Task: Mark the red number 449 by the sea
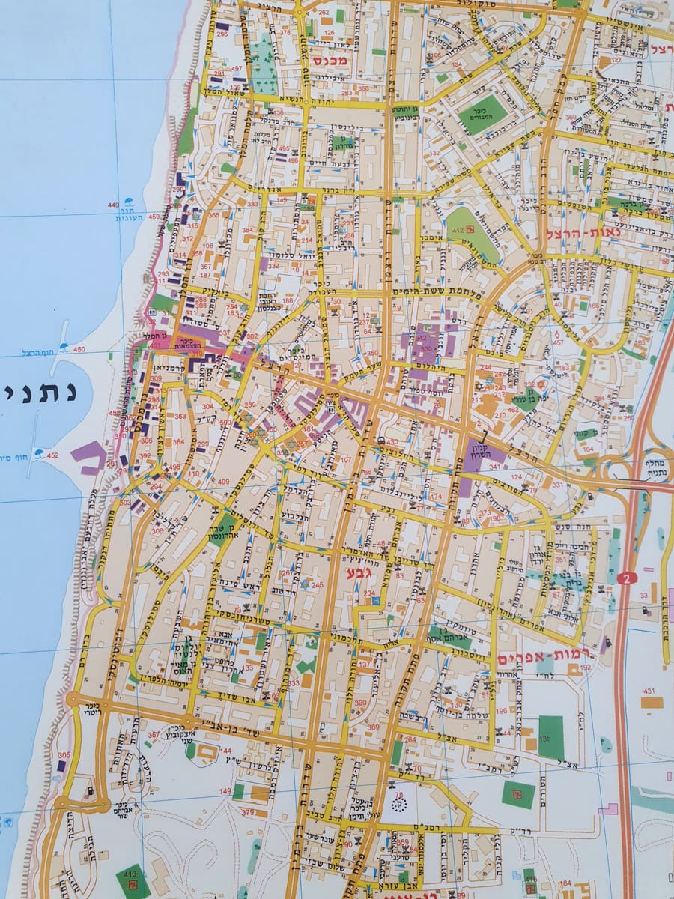114,205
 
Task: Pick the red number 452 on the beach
52,455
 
